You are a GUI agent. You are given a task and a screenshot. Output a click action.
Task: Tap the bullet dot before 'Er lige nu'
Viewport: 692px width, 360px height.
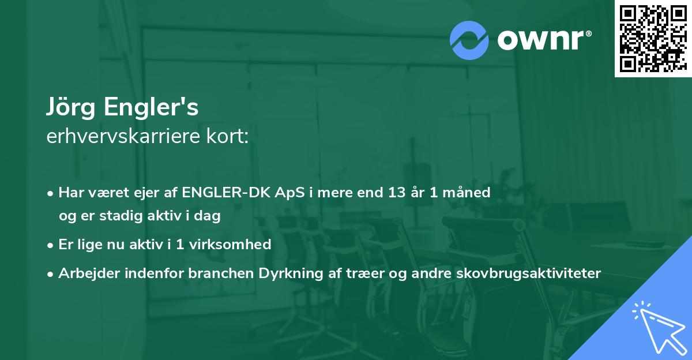(51, 245)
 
